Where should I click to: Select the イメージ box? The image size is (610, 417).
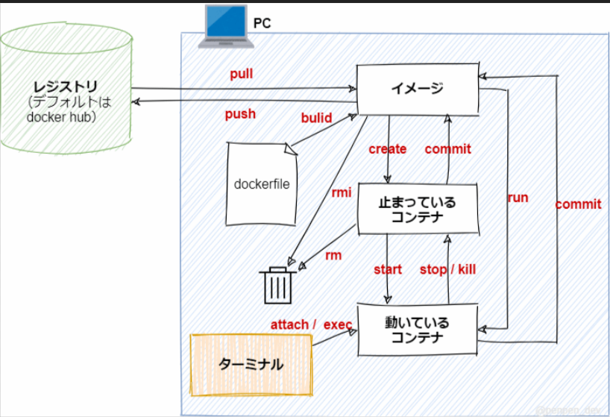tap(417, 90)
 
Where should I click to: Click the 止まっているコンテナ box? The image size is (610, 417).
tap(417, 210)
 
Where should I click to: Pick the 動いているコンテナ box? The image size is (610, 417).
tap(417, 330)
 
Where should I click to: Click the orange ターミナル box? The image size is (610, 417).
tap(251, 365)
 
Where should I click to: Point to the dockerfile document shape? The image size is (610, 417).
tap(262, 184)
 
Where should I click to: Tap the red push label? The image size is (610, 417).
tap(240, 114)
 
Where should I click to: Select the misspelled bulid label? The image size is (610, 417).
tap(317, 118)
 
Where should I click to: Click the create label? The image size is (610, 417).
tap(388, 149)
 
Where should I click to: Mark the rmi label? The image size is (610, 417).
tap(342, 192)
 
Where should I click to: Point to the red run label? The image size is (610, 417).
tap(518, 198)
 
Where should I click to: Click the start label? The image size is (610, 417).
tap(388, 269)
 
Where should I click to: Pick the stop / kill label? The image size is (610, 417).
tap(447, 269)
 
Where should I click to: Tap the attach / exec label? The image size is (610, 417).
tap(311, 324)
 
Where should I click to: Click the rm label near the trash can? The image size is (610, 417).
tap(333, 255)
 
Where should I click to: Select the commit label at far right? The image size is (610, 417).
tap(578, 204)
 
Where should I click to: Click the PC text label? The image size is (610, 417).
tap(262, 23)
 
